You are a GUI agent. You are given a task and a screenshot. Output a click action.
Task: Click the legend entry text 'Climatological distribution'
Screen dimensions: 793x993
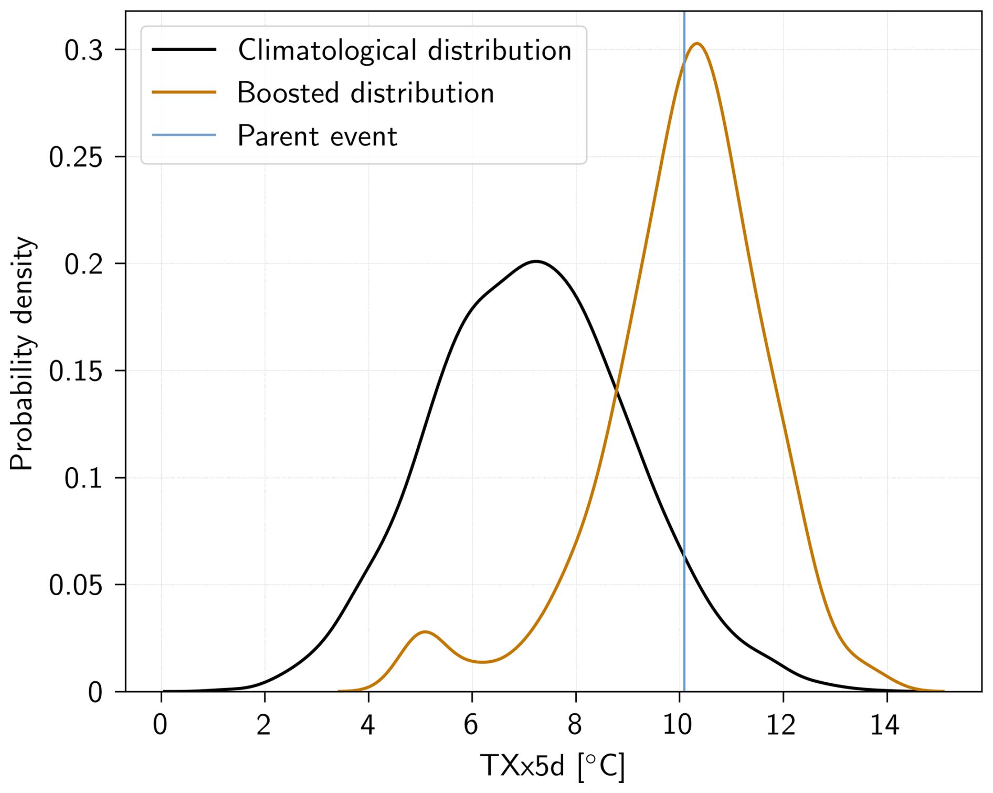tap(404, 50)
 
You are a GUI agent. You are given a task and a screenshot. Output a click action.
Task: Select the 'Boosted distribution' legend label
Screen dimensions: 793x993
tap(365, 93)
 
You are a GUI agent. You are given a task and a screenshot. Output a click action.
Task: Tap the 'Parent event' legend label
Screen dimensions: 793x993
tap(317, 136)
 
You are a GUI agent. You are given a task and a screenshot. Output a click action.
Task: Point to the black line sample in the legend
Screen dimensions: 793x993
tap(184, 50)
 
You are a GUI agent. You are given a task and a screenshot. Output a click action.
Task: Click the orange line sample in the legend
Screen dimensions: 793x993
tap(184, 92)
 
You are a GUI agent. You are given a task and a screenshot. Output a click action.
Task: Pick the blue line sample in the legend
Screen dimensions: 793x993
tap(184, 135)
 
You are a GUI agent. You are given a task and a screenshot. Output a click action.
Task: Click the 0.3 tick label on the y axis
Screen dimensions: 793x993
tap(83, 51)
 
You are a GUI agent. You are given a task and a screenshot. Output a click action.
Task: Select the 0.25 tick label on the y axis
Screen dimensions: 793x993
tap(76, 157)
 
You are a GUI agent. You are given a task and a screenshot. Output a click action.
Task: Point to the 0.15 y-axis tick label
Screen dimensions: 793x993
tap(76, 372)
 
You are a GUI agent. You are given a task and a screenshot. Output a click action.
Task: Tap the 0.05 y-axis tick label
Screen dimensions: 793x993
tap(76, 586)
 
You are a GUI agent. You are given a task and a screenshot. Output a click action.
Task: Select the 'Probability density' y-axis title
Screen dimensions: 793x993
tap(22, 355)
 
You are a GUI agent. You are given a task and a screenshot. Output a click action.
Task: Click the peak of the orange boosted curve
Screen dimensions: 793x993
tap(696, 44)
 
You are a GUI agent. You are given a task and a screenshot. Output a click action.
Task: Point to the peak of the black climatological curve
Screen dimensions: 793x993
tap(535, 261)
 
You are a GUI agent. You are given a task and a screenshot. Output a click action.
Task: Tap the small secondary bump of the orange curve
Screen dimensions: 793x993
tap(425, 632)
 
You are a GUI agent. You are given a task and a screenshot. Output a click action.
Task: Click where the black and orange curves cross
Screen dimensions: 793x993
tap(616, 389)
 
